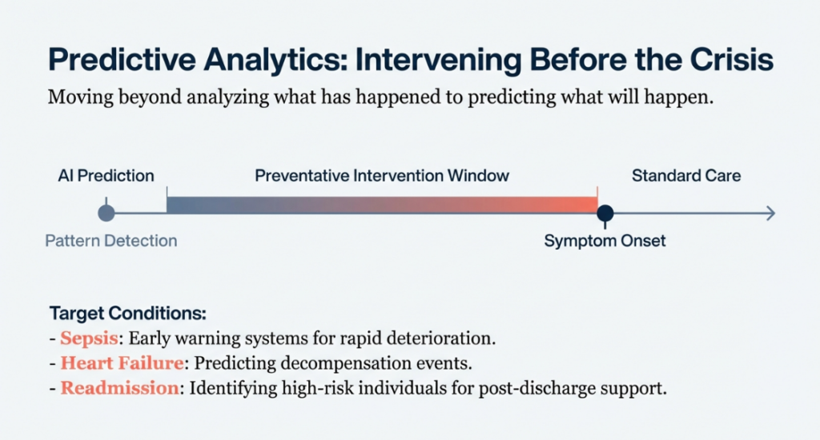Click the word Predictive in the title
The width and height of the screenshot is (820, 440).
(x=106, y=61)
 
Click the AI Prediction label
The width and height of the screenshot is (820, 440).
(x=106, y=175)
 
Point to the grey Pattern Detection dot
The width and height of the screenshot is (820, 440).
(x=106, y=213)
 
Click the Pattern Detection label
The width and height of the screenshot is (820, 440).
(x=111, y=241)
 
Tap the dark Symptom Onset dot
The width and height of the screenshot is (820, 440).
(x=605, y=213)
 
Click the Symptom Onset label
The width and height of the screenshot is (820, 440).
(x=605, y=241)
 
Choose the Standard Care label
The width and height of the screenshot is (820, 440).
(x=686, y=175)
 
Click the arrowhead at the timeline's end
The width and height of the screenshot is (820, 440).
(x=770, y=213)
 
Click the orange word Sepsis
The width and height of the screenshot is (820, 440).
(x=89, y=338)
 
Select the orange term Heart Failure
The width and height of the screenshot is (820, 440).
(x=121, y=363)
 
